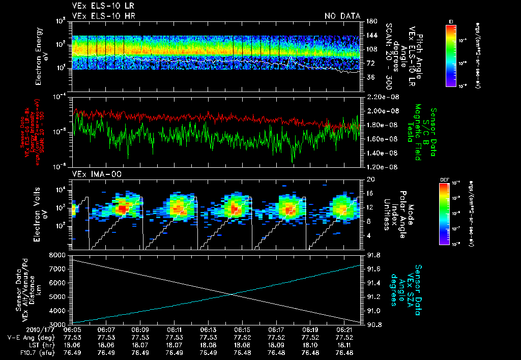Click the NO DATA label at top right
[x=342, y=16]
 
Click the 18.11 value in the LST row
[x=344, y=344]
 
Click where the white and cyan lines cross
[x=232, y=294]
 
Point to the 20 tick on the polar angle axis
[x=369, y=179]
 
